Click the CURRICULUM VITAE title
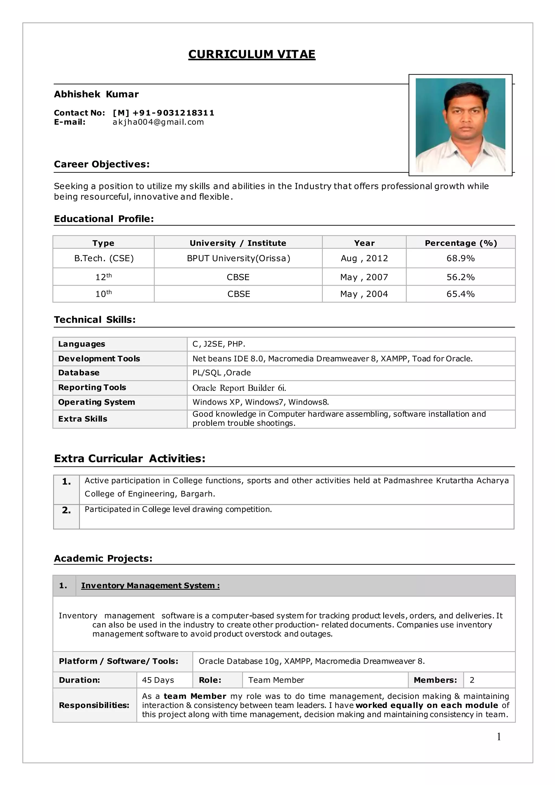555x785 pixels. pos(251,54)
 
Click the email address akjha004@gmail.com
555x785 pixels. pos(158,122)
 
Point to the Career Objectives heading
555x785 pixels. pos(102,164)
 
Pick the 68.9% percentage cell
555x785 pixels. pos(460,258)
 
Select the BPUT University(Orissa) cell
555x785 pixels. pos(238,258)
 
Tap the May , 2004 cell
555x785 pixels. pos(364,294)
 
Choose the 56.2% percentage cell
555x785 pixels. pos(460,277)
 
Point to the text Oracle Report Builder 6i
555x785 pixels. pos(239,388)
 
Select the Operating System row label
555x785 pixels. pos(96,402)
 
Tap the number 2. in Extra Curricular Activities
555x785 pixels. pos(66,510)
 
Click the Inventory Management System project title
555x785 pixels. pos(150,585)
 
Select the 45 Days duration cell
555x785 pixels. pos(158,680)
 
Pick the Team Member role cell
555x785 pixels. pos(276,680)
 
